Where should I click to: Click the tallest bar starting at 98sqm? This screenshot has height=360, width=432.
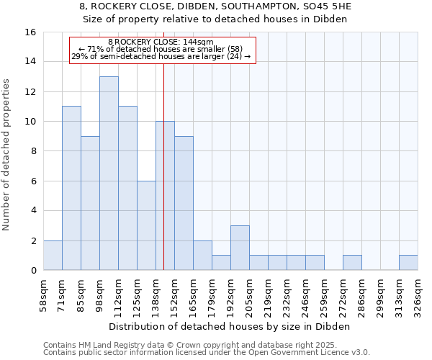(x=109, y=173)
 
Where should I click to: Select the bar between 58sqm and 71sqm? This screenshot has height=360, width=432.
(x=53, y=255)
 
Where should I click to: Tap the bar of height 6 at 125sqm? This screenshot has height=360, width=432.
(x=146, y=225)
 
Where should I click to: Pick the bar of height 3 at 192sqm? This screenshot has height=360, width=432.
(x=240, y=248)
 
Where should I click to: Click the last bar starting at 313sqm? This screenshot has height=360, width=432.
(x=408, y=263)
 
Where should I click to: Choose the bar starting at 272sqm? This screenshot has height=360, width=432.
(x=352, y=263)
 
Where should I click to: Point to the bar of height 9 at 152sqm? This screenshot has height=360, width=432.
(x=184, y=203)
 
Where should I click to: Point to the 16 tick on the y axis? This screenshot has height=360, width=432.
(x=30, y=32)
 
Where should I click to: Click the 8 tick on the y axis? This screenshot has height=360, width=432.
(x=33, y=151)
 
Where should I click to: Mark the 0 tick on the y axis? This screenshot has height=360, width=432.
(x=33, y=270)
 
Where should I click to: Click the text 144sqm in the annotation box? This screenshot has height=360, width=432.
(x=197, y=42)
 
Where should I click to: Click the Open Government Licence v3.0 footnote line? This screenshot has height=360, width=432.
(x=207, y=353)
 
